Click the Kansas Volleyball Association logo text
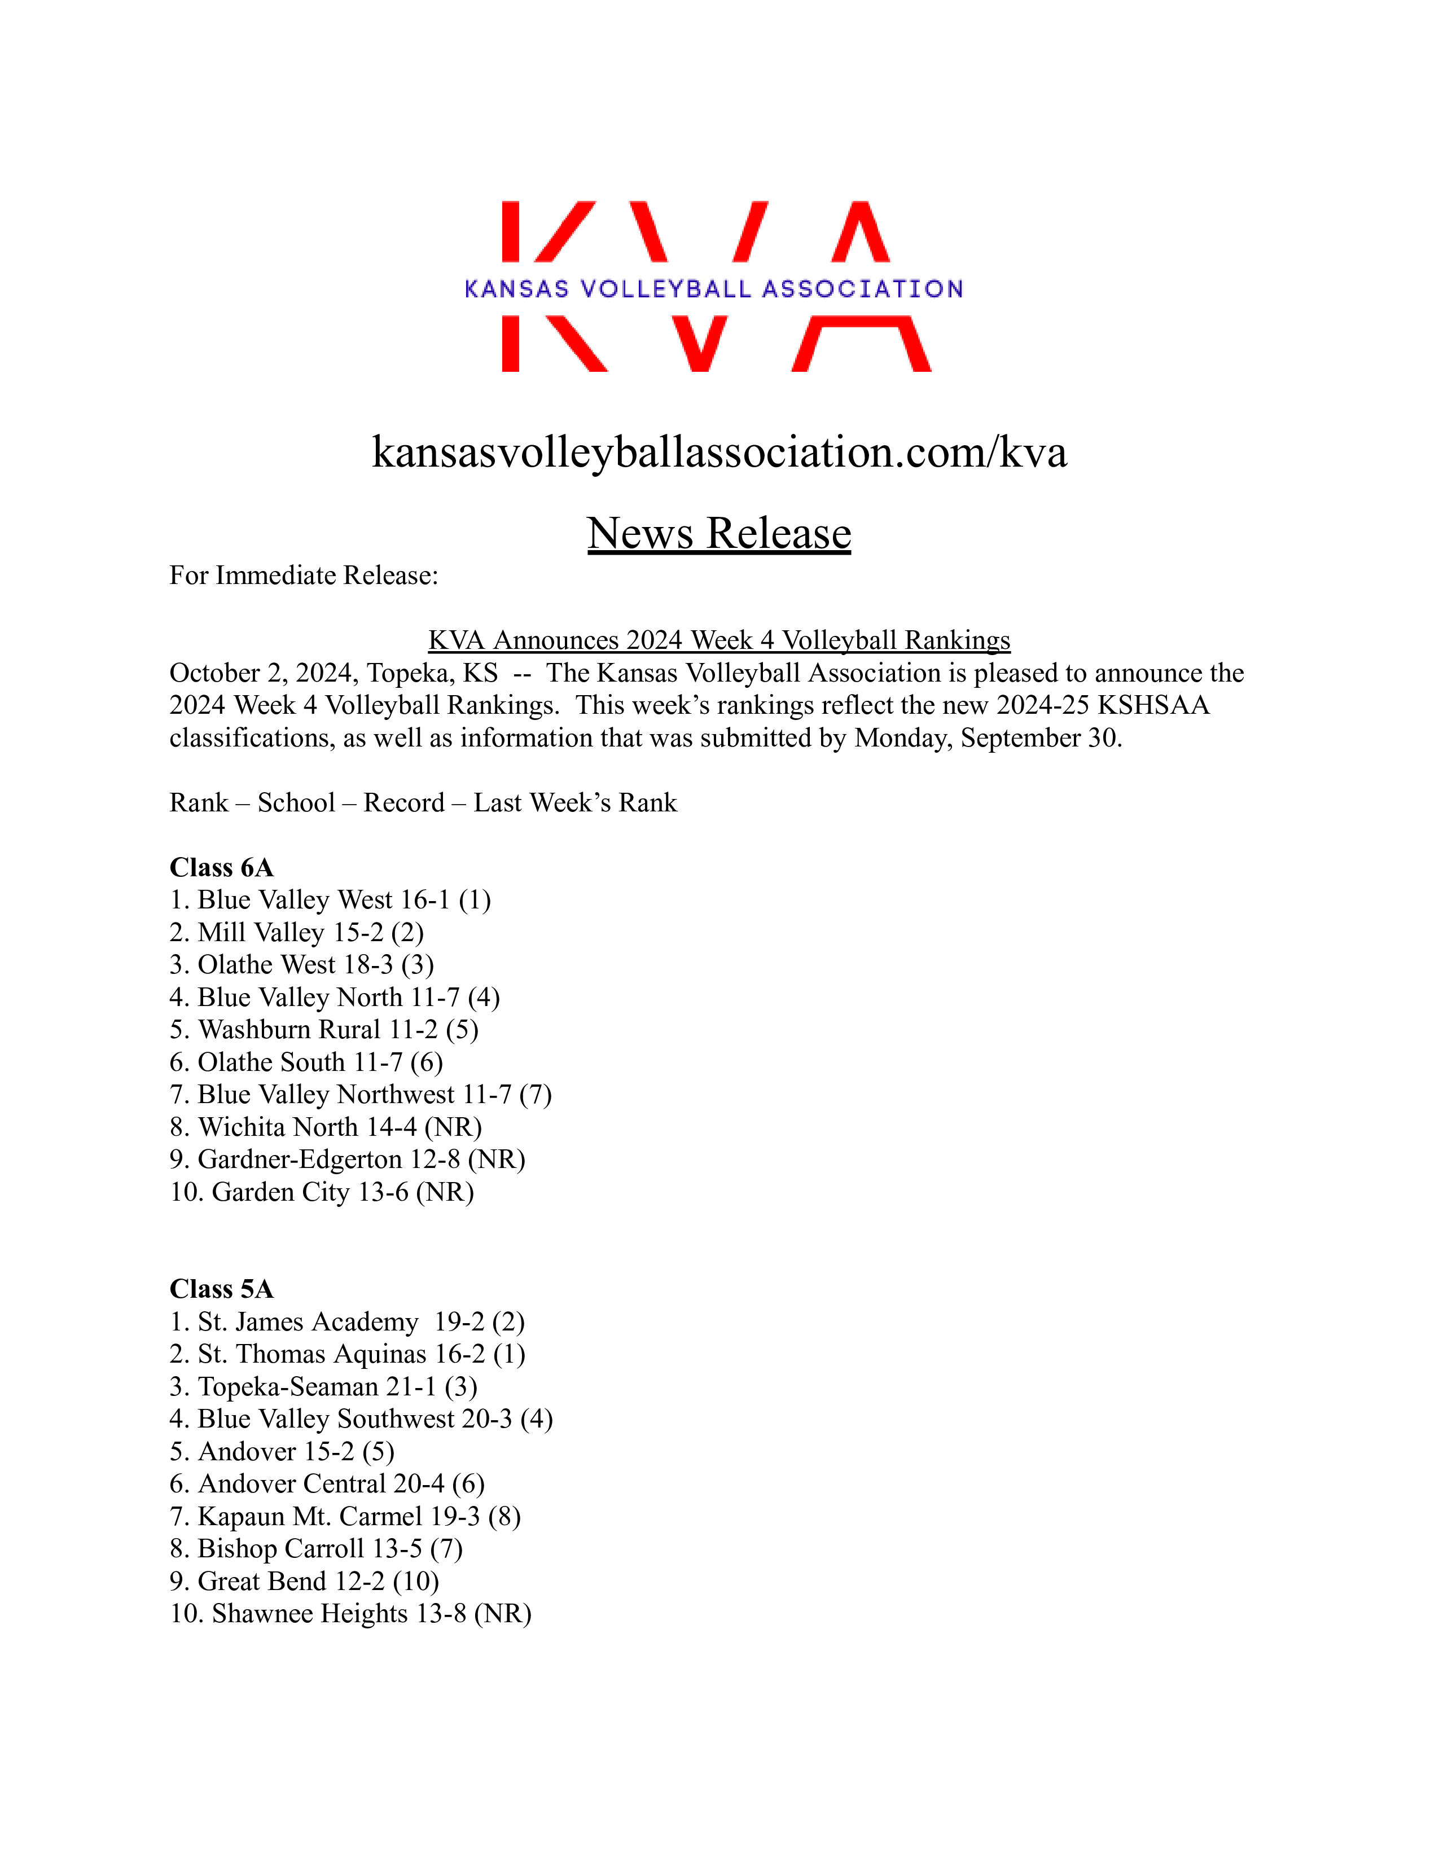pos(713,289)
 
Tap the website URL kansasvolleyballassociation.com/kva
pos(718,452)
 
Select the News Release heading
pos(718,534)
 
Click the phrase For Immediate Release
pos(304,576)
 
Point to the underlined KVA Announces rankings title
pos(718,640)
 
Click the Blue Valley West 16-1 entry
pos(330,901)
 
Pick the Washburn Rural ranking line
pos(324,1030)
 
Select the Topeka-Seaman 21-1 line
pos(323,1386)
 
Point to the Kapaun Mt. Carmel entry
pos(345,1516)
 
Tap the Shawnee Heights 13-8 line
pos(350,1613)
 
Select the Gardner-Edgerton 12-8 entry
pos(347,1160)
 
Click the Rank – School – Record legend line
pos(423,803)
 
